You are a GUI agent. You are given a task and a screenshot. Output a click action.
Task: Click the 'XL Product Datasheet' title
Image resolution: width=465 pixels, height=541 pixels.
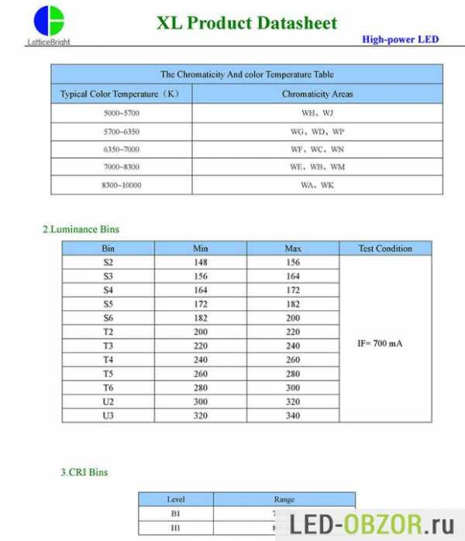pos(247,22)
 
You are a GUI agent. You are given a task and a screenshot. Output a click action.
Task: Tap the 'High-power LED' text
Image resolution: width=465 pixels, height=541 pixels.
pos(400,39)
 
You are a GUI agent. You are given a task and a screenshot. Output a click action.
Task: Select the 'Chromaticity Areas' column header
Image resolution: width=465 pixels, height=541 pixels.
pos(317,94)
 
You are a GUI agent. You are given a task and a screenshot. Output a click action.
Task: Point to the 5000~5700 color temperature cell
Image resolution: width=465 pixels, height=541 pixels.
pos(121,112)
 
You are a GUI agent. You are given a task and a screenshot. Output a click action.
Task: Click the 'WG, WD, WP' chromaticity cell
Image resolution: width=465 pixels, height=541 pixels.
pos(317,131)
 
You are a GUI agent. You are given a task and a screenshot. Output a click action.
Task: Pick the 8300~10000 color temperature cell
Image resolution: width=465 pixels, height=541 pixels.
pos(121,185)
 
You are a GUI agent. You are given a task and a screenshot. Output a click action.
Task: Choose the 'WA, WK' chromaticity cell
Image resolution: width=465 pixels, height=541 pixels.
pos(317,185)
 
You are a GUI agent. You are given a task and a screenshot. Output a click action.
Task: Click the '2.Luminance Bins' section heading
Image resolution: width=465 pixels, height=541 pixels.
pos(81,229)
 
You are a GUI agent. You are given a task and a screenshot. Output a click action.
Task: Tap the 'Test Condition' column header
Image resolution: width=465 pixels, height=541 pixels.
pos(385,249)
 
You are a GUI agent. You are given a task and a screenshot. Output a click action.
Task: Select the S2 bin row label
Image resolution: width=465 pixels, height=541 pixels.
pos(108,262)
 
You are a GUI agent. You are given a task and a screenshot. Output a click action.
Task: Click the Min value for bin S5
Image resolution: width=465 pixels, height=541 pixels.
pos(200,305)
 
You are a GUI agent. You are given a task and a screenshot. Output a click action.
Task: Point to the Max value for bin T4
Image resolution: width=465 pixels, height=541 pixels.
pos(292,360)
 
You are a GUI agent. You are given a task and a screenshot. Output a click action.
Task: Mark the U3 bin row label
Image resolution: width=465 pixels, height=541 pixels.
pos(108,415)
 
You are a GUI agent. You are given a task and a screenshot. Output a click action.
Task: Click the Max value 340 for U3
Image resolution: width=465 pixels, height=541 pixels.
pos(292,415)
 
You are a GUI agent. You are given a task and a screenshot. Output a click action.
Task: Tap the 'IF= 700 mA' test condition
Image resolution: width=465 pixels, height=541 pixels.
pos(381,343)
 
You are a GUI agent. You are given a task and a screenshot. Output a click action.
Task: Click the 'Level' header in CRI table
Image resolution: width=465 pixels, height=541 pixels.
pos(176,499)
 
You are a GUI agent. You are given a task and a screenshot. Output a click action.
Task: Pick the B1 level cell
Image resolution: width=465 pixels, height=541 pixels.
pos(176,514)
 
